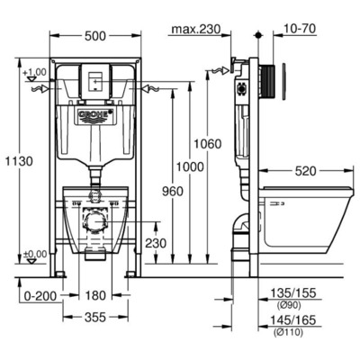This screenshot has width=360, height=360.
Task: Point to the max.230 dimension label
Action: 195,29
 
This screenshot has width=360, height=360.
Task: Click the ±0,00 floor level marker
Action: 34,256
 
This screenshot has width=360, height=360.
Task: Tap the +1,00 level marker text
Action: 36,71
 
